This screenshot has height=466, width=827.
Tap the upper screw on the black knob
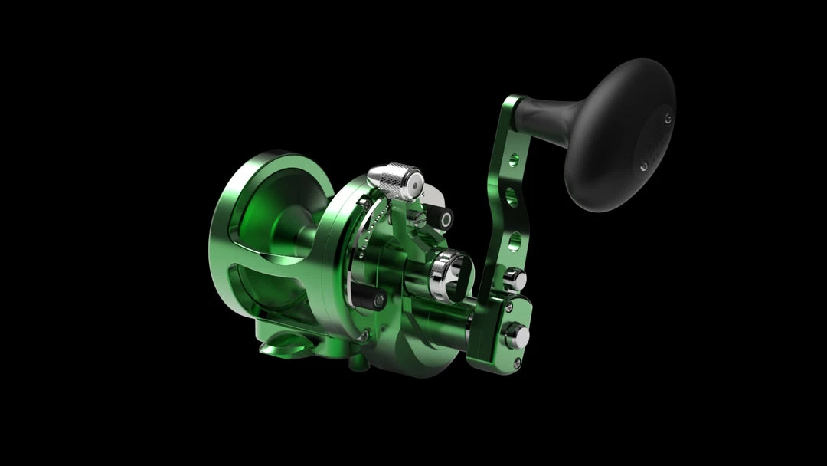[668, 118]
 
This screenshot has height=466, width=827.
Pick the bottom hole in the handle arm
[514, 241]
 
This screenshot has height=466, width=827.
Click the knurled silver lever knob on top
[394, 179]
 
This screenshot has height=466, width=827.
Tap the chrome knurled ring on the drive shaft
[449, 273]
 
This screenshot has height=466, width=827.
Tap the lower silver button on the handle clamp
[516, 335]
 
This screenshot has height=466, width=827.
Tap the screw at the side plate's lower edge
[365, 335]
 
